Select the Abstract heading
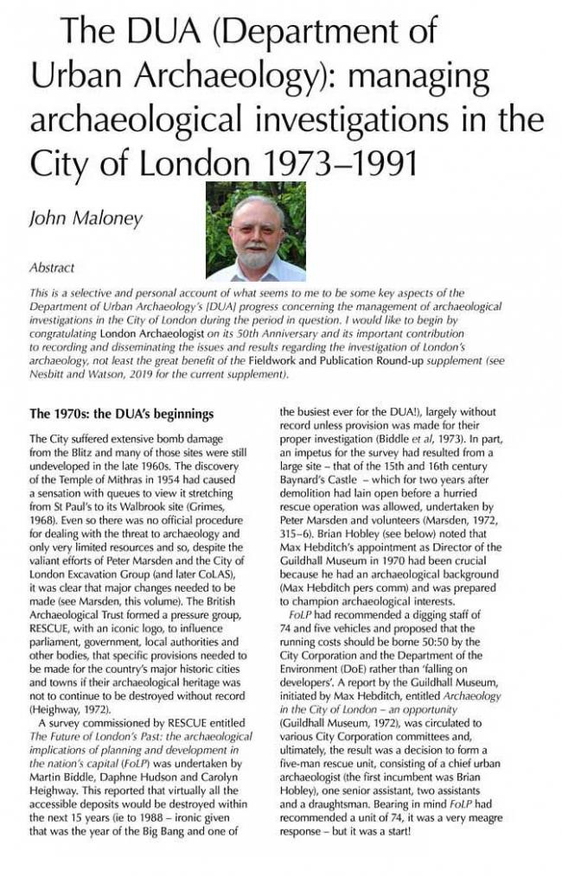52,267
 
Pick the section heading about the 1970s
121,414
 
